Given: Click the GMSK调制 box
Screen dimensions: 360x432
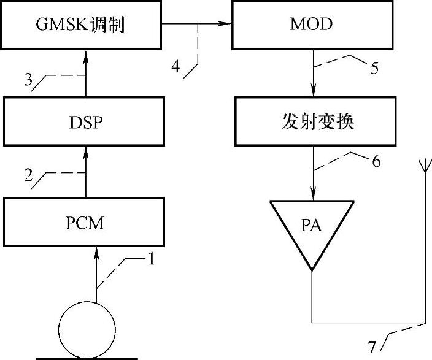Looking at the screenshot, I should click(83, 26).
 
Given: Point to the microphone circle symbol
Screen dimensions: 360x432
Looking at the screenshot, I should click(86, 329).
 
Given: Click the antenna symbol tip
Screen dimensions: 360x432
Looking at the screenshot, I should click(423, 164).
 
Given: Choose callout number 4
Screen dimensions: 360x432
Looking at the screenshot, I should click(177, 66).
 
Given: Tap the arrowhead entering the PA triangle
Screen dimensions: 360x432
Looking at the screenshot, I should click(312, 195).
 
